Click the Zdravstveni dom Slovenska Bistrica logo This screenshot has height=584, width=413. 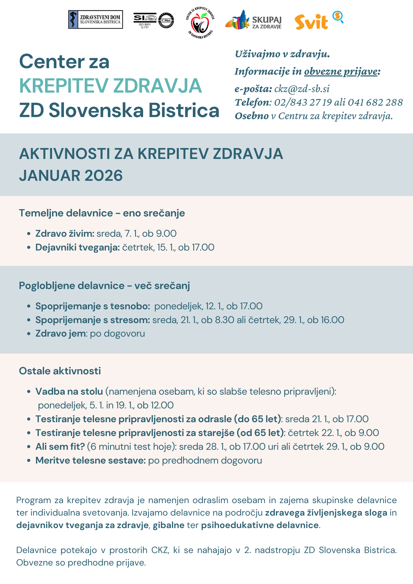coord(95,20)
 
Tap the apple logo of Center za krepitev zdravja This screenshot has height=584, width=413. coord(200,23)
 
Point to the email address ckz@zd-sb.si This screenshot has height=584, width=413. coord(302,89)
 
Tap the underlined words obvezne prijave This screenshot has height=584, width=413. coord(341,71)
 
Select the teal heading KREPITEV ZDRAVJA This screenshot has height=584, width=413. coord(111,86)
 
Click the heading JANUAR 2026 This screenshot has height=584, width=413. coord(71,176)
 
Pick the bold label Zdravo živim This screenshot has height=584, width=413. coord(65,234)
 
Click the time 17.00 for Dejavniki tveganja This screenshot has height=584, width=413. coord(203,247)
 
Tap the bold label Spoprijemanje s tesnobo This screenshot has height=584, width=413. coord(93,306)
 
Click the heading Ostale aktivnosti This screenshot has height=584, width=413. coord(60,371)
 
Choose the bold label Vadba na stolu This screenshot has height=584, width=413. coord(69,392)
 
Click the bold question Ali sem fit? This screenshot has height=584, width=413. coord(60,447)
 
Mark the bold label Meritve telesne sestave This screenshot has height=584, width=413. coord(90,460)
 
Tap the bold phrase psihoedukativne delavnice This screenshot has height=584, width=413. coord(260,525)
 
